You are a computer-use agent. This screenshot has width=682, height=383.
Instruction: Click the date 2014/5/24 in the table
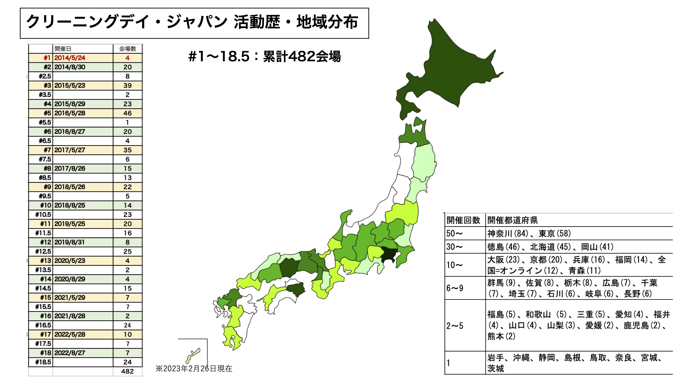pos(70,58)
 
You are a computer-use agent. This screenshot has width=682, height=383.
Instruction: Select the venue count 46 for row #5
pos(127,113)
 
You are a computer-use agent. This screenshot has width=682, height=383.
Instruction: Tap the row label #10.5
pos(43,215)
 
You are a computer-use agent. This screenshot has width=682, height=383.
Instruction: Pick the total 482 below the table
pos(127,371)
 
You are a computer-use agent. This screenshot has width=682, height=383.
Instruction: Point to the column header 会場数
pos(127,49)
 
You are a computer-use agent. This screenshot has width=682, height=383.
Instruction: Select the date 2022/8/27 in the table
pos(70,353)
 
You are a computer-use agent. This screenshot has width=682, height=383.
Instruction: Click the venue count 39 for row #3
pos(127,85)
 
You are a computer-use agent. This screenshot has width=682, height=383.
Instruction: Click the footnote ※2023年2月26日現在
pos(194,369)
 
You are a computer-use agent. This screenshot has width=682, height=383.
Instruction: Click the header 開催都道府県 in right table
pos(512,220)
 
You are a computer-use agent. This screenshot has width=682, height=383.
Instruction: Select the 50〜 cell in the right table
pos(454,233)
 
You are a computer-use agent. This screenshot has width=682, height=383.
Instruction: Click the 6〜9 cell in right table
pos(455,288)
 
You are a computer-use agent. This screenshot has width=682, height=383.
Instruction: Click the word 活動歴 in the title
pos(257,22)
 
